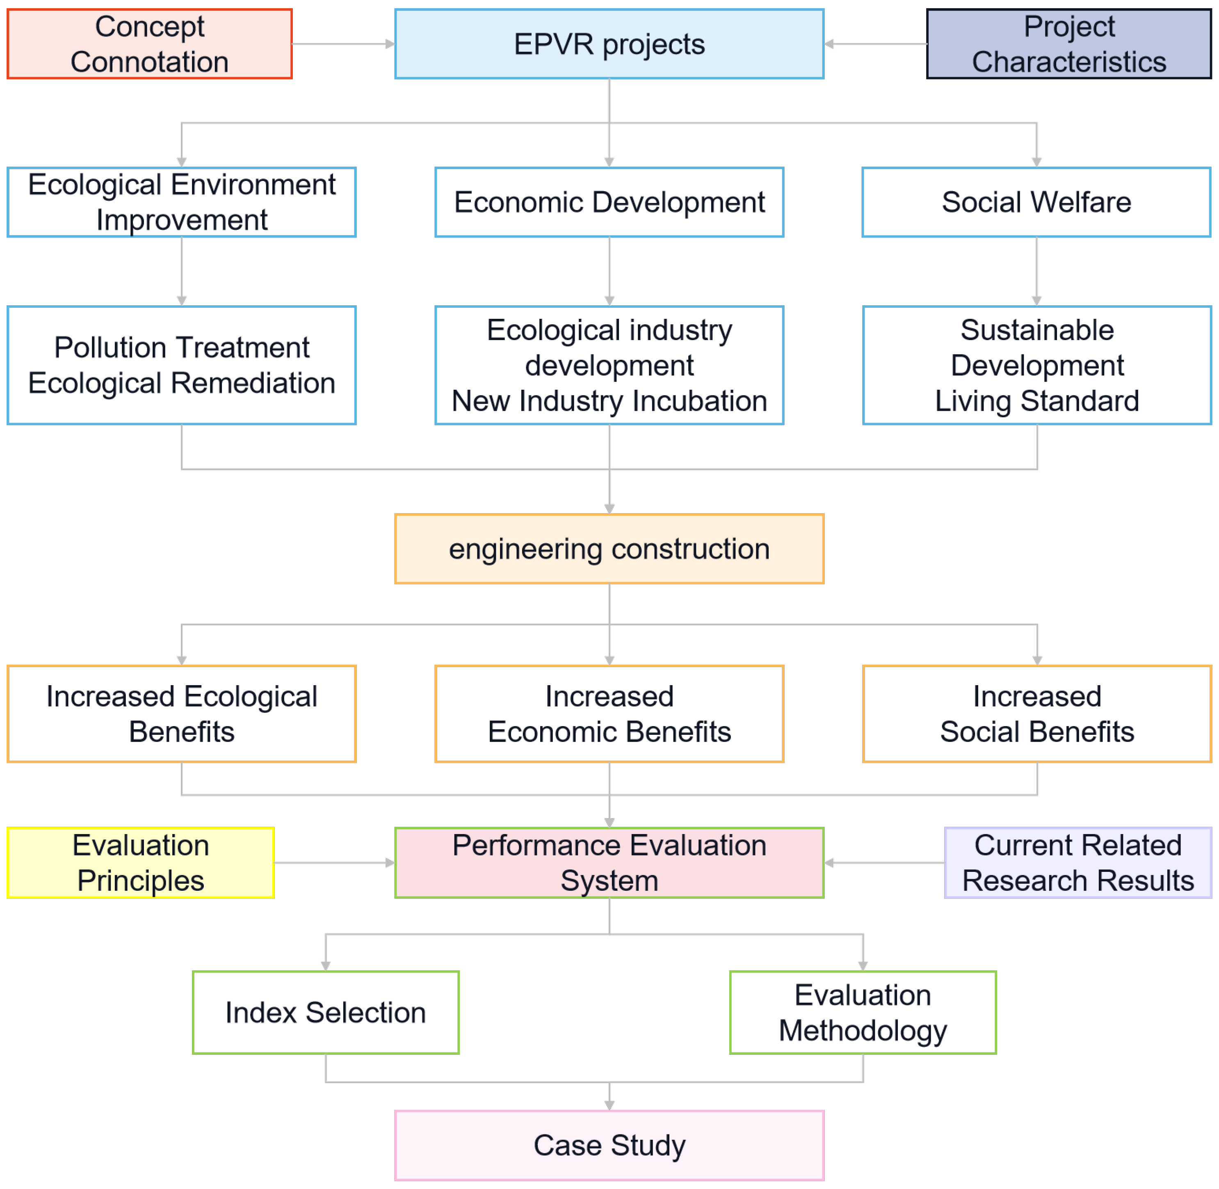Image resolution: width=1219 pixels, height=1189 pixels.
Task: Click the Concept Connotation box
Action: [150, 44]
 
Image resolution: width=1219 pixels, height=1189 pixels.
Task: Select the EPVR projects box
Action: [609, 44]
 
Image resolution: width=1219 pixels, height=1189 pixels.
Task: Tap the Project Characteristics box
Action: [1068, 44]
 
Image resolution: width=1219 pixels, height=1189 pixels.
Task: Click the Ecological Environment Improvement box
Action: [182, 202]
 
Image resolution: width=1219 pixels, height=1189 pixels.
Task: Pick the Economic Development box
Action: [609, 202]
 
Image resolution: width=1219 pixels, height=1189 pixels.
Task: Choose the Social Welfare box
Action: [1036, 202]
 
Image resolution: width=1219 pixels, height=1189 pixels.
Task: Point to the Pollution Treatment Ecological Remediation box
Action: [182, 365]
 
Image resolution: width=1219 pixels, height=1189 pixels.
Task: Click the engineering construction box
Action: [609, 549]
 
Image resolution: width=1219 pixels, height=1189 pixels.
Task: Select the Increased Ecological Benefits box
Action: [182, 714]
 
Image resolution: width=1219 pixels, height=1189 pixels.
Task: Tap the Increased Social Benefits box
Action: [1037, 714]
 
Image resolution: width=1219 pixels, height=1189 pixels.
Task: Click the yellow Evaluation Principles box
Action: [140, 863]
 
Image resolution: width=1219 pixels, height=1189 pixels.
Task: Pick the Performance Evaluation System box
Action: [609, 863]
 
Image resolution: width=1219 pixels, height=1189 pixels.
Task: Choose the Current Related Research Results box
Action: [1078, 863]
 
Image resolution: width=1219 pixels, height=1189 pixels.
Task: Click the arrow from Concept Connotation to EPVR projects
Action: [343, 44]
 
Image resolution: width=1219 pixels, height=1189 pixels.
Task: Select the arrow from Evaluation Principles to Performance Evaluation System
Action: [334, 863]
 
